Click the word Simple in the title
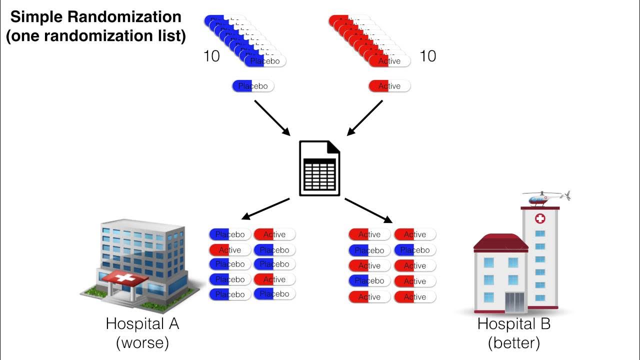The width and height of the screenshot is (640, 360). coord(35,17)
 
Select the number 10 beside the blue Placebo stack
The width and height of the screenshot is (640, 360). coord(211,56)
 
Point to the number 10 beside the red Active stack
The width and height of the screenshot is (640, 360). coord(427,55)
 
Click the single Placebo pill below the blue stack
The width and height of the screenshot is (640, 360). coord(253,86)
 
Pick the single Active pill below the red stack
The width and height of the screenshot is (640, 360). coord(389,86)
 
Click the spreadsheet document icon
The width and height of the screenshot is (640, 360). coord(319,168)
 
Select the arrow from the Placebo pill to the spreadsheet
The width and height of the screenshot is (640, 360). coord(272,117)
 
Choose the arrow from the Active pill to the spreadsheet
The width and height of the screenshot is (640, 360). coord(365,117)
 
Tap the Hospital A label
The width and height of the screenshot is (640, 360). coord(142,323)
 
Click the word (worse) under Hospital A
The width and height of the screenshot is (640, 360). coord(142,343)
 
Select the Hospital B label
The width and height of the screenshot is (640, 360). coord(513,323)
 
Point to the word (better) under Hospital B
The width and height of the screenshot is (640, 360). coord(514,343)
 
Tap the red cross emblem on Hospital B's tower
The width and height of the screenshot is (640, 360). coord(540,218)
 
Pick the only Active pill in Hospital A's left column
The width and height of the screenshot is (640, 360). coord(230,249)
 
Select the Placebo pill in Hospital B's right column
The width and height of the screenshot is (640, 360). coord(415,250)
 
